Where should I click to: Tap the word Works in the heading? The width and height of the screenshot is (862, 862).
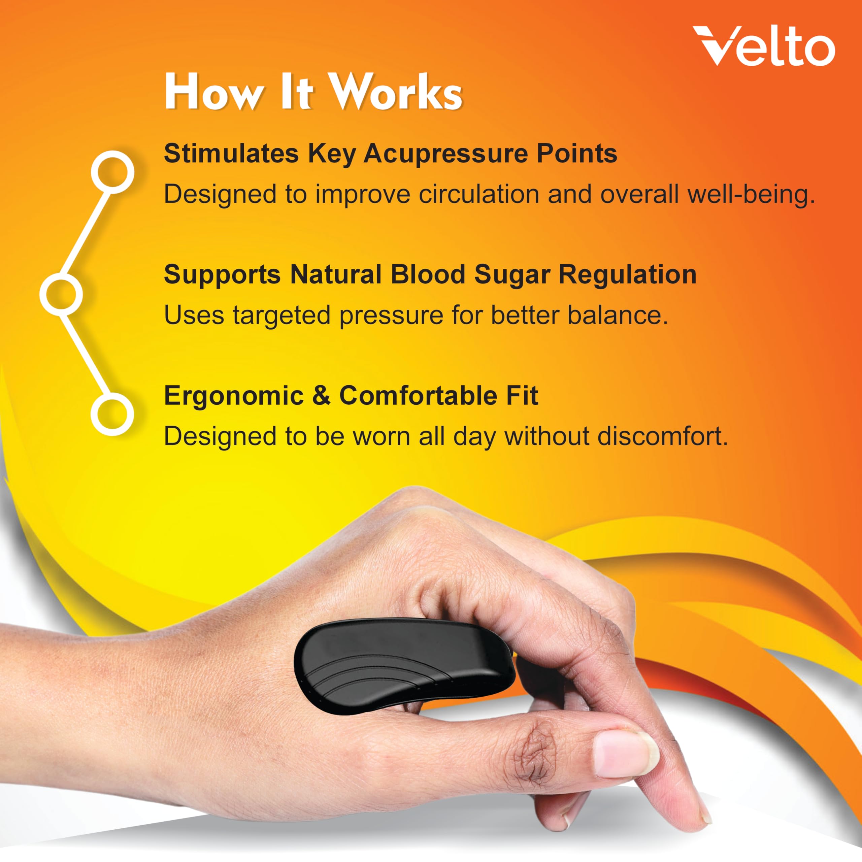398,92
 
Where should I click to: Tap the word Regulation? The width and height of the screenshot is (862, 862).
627,275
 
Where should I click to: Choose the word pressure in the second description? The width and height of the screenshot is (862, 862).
391,316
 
